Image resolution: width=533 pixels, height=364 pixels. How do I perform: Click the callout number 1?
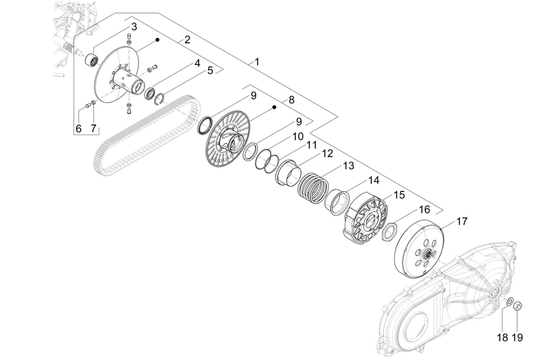257,62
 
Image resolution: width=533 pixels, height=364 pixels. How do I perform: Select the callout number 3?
134,27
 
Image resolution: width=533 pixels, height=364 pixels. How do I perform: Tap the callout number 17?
462,222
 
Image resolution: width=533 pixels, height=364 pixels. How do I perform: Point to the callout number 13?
348,165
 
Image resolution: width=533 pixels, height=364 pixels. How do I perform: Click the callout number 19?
518,337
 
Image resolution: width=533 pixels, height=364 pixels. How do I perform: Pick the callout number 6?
78,128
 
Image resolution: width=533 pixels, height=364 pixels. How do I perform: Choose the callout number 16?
424,210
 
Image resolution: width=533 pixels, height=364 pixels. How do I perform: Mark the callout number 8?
291,100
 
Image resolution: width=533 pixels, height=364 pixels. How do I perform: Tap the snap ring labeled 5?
159,99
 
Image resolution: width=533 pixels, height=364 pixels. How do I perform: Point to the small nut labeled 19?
518,306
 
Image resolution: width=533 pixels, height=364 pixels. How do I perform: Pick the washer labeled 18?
509,302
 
